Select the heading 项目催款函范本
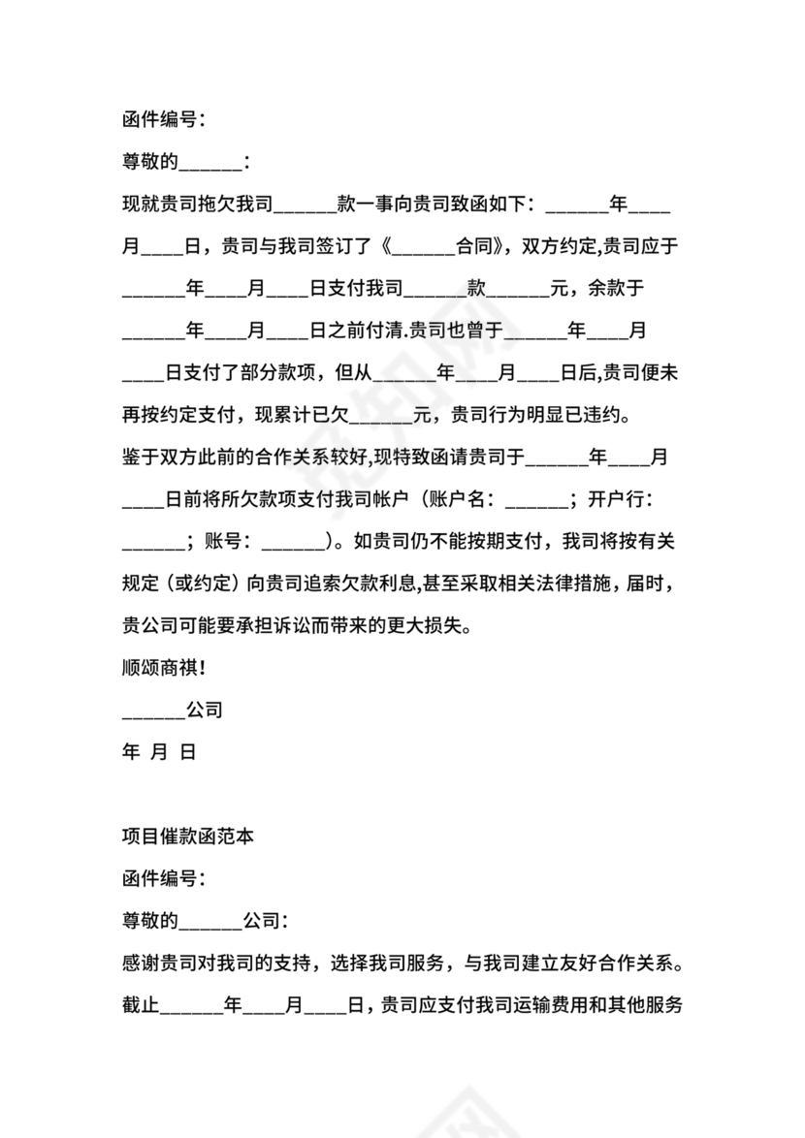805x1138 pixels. [x=188, y=837]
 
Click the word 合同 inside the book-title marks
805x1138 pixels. [x=475, y=246]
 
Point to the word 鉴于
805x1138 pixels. [x=141, y=458]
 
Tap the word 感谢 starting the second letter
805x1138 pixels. [x=141, y=964]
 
